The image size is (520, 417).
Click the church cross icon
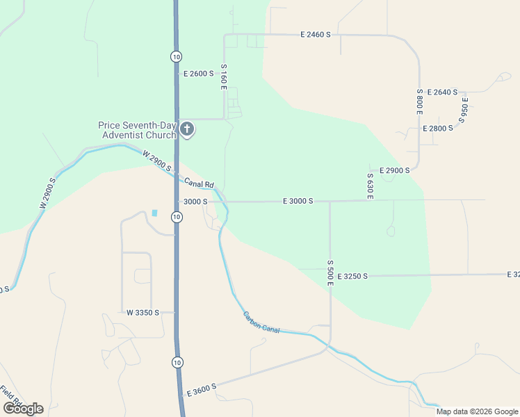(x=186, y=129)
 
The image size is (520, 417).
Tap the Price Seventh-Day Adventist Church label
(x=137, y=130)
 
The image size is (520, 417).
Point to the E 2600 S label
(x=197, y=73)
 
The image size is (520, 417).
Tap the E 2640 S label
(x=442, y=92)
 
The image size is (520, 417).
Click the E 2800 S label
(x=438, y=128)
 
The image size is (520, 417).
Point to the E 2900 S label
(x=394, y=170)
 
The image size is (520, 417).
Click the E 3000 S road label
(x=298, y=201)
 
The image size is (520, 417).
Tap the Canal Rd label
(x=199, y=183)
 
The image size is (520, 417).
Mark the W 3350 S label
(x=143, y=313)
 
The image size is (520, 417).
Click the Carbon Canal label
(x=261, y=322)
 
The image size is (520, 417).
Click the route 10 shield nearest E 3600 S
(x=177, y=362)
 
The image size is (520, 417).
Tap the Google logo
(x=23, y=408)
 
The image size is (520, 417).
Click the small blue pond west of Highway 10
(x=154, y=213)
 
